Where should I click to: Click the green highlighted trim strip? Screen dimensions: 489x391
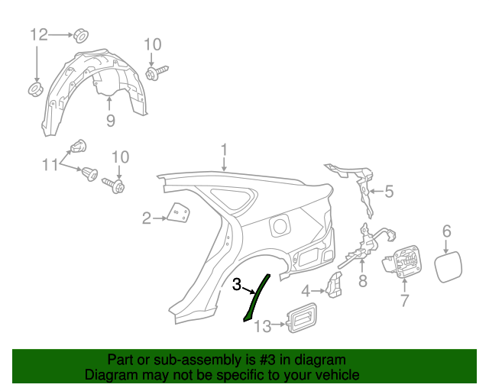pos(256,298)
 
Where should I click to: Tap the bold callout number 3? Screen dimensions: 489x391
pos(237,284)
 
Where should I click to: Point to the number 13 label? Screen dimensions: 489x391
pos(263,326)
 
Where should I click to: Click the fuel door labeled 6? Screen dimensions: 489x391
pos(449,267)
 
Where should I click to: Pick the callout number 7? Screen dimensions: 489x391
pos(404,300)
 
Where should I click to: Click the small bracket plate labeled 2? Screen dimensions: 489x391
pos(179,213)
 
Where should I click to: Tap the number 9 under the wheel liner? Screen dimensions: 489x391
pos(110,121)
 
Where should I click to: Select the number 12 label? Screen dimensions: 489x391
pos(39,34)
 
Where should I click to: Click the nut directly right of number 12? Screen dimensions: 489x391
pos(81,36)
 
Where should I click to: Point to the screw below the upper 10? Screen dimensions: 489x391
pos(156,73)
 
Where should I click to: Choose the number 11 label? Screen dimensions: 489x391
pos(50,164)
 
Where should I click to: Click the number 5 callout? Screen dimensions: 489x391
pos(389,191)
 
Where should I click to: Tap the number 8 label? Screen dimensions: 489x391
pos(363,281)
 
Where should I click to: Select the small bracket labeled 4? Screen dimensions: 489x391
pos(334,285)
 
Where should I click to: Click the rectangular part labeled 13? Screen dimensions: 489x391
pos(302,318)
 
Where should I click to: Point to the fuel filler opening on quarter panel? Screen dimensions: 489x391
pos(280,226)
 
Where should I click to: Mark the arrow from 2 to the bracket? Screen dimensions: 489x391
pos(160,218)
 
